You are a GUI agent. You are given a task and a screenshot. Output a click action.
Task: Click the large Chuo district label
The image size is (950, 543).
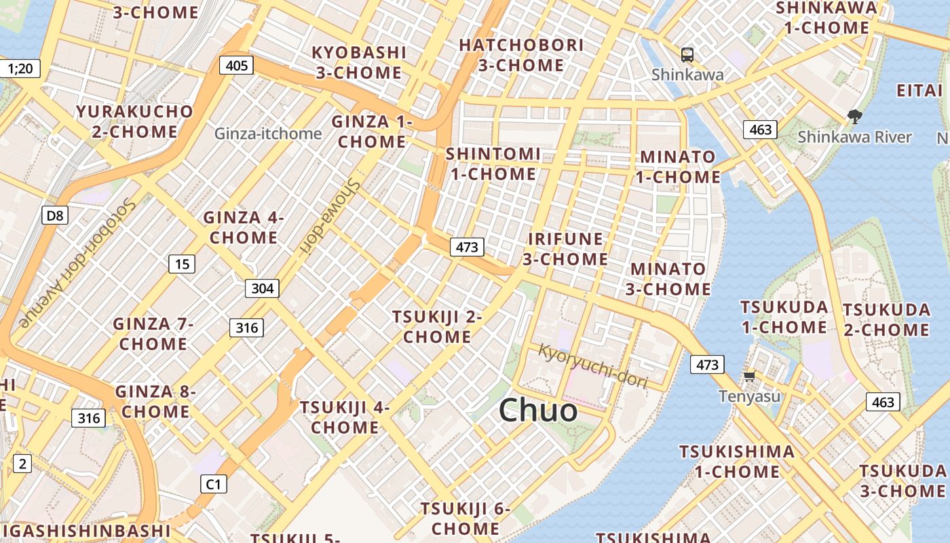click(538, 411)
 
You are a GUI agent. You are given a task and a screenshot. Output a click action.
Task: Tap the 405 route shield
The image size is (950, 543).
click(236, 65)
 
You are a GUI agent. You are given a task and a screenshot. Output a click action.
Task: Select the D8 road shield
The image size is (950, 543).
click(55, 216)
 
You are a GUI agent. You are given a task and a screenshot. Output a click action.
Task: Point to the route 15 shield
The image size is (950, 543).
click(182, 264)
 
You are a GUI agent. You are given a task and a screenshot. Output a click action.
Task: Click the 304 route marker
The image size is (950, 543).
click(262, 288)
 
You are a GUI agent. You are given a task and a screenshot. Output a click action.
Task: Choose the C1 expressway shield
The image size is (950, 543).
click(214, 484)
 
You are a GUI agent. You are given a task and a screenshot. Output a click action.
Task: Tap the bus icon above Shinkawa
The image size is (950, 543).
click(687, 54)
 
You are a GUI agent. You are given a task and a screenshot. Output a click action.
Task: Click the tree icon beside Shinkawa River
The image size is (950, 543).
click(855, 117)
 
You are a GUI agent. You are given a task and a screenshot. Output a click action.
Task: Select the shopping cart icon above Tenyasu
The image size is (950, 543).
click(749, 376)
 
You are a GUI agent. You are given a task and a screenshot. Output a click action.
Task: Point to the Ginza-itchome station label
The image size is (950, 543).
click(268, 134)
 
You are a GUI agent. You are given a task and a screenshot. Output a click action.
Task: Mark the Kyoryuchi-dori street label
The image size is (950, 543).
click(593, 367)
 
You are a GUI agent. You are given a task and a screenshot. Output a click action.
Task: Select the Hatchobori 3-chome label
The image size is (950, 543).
click(521, 55)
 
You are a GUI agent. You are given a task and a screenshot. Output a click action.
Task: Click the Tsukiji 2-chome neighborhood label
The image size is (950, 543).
click(437, 326)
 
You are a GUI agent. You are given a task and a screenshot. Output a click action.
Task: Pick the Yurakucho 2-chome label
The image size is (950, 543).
click(134, 121)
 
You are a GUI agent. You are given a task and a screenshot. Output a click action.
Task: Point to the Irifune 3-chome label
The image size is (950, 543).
click(565, 249)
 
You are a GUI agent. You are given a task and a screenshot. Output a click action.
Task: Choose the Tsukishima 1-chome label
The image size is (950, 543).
click(736, 461)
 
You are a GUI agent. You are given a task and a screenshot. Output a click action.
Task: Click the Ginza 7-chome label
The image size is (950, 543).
click(153, 333)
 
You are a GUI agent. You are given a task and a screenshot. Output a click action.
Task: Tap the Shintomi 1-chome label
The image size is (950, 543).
click(493, 164)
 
